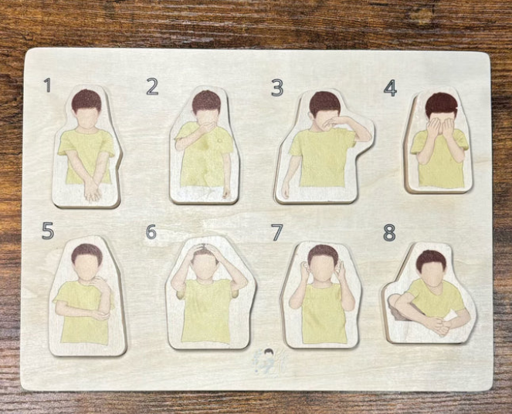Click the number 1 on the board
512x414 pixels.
[x=47, y=85]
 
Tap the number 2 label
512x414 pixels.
[x=152, y=87]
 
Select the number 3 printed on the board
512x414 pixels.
[x=276, y=88]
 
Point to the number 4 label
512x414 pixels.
[x=390, y=88]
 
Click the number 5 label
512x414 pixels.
[x=47, y=231]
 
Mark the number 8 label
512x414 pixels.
[x=389, y=232]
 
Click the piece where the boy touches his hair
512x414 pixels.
[x=205, y=293]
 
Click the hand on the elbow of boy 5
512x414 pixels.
[x=100, y=314]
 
